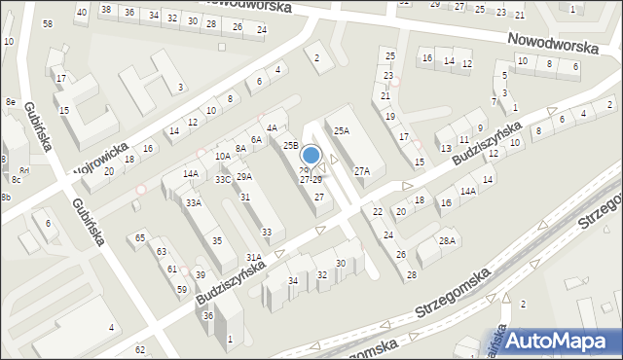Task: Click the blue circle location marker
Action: tap(311, 155)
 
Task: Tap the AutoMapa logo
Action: tap(559, 340)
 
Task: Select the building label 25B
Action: tap(291, 145)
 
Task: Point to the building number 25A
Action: tap(341, 130)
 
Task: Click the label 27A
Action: tap(361, 171)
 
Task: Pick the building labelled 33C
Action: tap(223, 179)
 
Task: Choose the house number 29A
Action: tap(244, 176)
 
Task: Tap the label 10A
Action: tap(223, 156)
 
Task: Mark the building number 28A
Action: tap(447, 240)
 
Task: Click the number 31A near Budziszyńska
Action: tap(253, 257)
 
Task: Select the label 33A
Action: tap(194, 202)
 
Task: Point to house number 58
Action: tap(48, 23)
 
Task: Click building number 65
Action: tap(140, 237)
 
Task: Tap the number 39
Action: tap(200, 274)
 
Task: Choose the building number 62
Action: tap(140, 349)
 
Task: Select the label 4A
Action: tap(273, 127)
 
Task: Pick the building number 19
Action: tap(390, 116)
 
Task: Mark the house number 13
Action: tap(445, 148)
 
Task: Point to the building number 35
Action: tap(217, 241)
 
